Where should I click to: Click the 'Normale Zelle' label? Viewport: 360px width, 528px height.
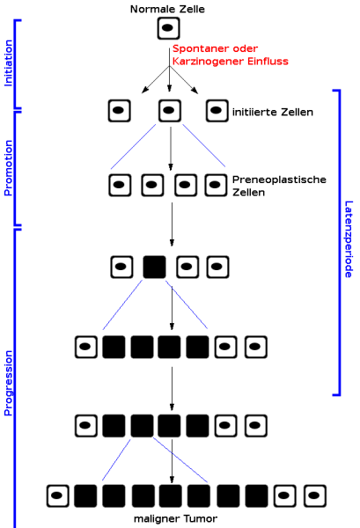[x=167, y=9]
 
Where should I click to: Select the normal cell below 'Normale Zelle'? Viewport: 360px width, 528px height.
[x=168, y=28]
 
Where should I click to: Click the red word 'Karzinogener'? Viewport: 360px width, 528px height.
[x=209, y=62]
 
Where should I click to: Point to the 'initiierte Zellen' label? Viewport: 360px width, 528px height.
[x=273, y=112]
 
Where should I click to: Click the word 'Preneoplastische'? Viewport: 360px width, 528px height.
[x=279, y=180]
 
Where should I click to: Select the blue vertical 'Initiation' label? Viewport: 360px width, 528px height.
[x=8, y=63]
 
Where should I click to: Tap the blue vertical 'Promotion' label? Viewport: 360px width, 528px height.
[x=8, y=168]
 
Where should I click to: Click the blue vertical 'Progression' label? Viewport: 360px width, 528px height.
[x=8, y=383]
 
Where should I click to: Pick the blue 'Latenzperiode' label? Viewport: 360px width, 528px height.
[x=349, y=239]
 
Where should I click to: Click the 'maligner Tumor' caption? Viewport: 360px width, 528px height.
[x=175, y=518]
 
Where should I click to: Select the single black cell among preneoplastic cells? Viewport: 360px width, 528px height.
[x=155, y=267]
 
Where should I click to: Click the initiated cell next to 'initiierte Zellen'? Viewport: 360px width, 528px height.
[x=217, y=111]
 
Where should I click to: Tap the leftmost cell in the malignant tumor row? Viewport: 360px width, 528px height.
[x=58, y=496]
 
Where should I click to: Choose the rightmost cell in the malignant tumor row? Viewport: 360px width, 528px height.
[x=315, y=496]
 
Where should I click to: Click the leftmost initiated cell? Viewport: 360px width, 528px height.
[x=120, y=111]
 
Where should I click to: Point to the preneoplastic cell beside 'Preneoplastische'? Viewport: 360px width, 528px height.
[x=217, y=185]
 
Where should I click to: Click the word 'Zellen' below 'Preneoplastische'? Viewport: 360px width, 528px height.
[x=248, y=193]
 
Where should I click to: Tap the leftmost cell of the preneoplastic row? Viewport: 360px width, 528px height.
[x=120, y=185]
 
